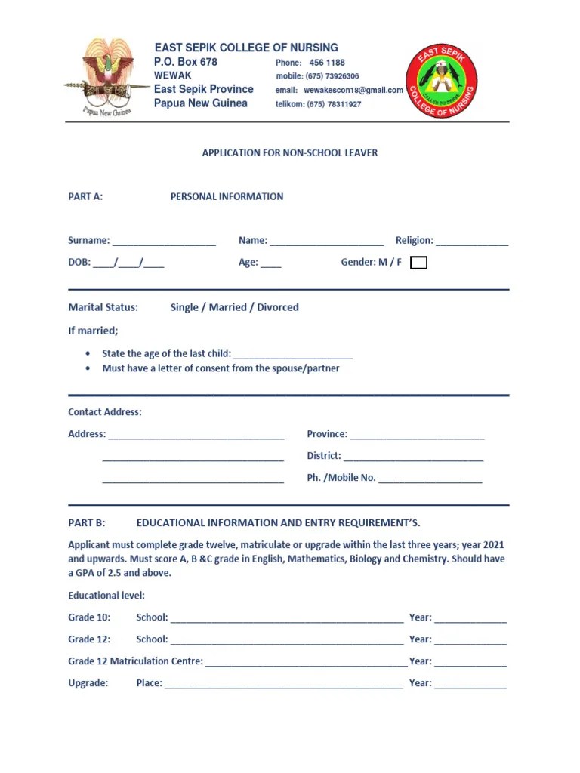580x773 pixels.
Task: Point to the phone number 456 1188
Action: point(327,63)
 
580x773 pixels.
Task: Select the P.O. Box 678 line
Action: point(186,62)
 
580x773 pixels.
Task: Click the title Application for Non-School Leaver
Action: point(289,152)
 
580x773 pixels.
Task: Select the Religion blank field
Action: point(472,242)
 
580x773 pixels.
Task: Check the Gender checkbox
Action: point(418,263)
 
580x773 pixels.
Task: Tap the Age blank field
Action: point(271,263)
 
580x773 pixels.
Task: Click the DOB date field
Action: point(128,263)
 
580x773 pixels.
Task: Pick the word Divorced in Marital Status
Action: point(278,307)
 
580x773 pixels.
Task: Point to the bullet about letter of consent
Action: point(221,368)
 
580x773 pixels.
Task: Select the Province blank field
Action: point(417,435)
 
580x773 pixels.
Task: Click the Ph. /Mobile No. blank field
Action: point(430,479)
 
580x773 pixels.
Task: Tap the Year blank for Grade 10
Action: point(470,618)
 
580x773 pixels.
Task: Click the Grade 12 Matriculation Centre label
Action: point(135,661)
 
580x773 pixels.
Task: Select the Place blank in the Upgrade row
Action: point(283,684)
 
